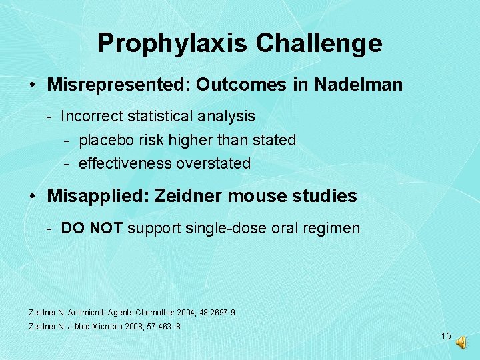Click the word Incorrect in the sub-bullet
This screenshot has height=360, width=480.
(x=91, y=116)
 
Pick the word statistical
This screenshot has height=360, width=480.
(x=159, y=116)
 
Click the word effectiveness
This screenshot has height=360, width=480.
(x=125, y=163)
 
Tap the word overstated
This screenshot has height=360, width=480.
(x=213, y=163)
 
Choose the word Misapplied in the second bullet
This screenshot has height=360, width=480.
(x=99, y=196)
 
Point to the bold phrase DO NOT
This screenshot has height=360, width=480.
(x=92, y=228)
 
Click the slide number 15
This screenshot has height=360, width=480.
(x=446, y=336)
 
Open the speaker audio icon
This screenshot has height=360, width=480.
(x=461, y=341)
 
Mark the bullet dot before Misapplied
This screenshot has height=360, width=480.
(x=33, y=197)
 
